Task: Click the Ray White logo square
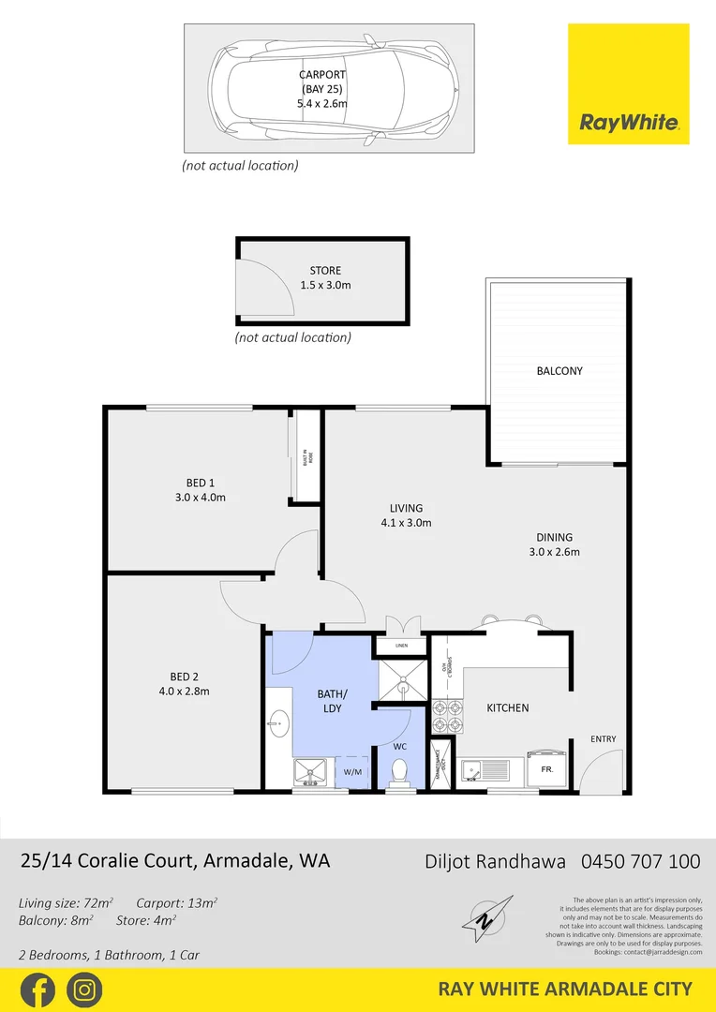tap(629, 84)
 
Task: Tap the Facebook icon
tap(37, 990)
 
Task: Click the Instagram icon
tap(84, 990)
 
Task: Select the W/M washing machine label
tap(352, 772)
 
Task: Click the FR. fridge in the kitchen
tap(546, 767)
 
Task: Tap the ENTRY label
tap(604, 739)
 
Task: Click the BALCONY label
tap(559, 371)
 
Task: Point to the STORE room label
tap(325, 271)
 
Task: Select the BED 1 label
tap(200, 484)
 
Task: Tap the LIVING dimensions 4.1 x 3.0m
tap(407, 523)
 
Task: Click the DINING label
tap(554, 538)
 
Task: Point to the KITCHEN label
tap(507, 707)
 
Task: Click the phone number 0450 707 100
tap(641, 860)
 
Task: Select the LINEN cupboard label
tap(401, 646)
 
